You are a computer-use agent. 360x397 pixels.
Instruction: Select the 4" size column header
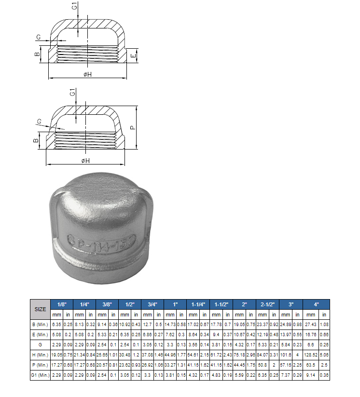pos(316,304)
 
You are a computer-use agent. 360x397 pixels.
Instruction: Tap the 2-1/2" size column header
pos(267,304)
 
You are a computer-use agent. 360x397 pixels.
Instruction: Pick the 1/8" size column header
pos(62,304)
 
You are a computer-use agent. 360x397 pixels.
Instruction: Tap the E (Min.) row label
pos(40,335)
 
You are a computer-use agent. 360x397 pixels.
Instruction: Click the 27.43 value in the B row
pos(310,325)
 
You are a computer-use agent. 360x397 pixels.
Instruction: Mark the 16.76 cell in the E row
pos(310,335)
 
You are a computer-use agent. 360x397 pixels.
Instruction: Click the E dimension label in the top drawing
pos(133,56)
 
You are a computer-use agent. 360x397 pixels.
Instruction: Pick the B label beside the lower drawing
pos(36,141)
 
